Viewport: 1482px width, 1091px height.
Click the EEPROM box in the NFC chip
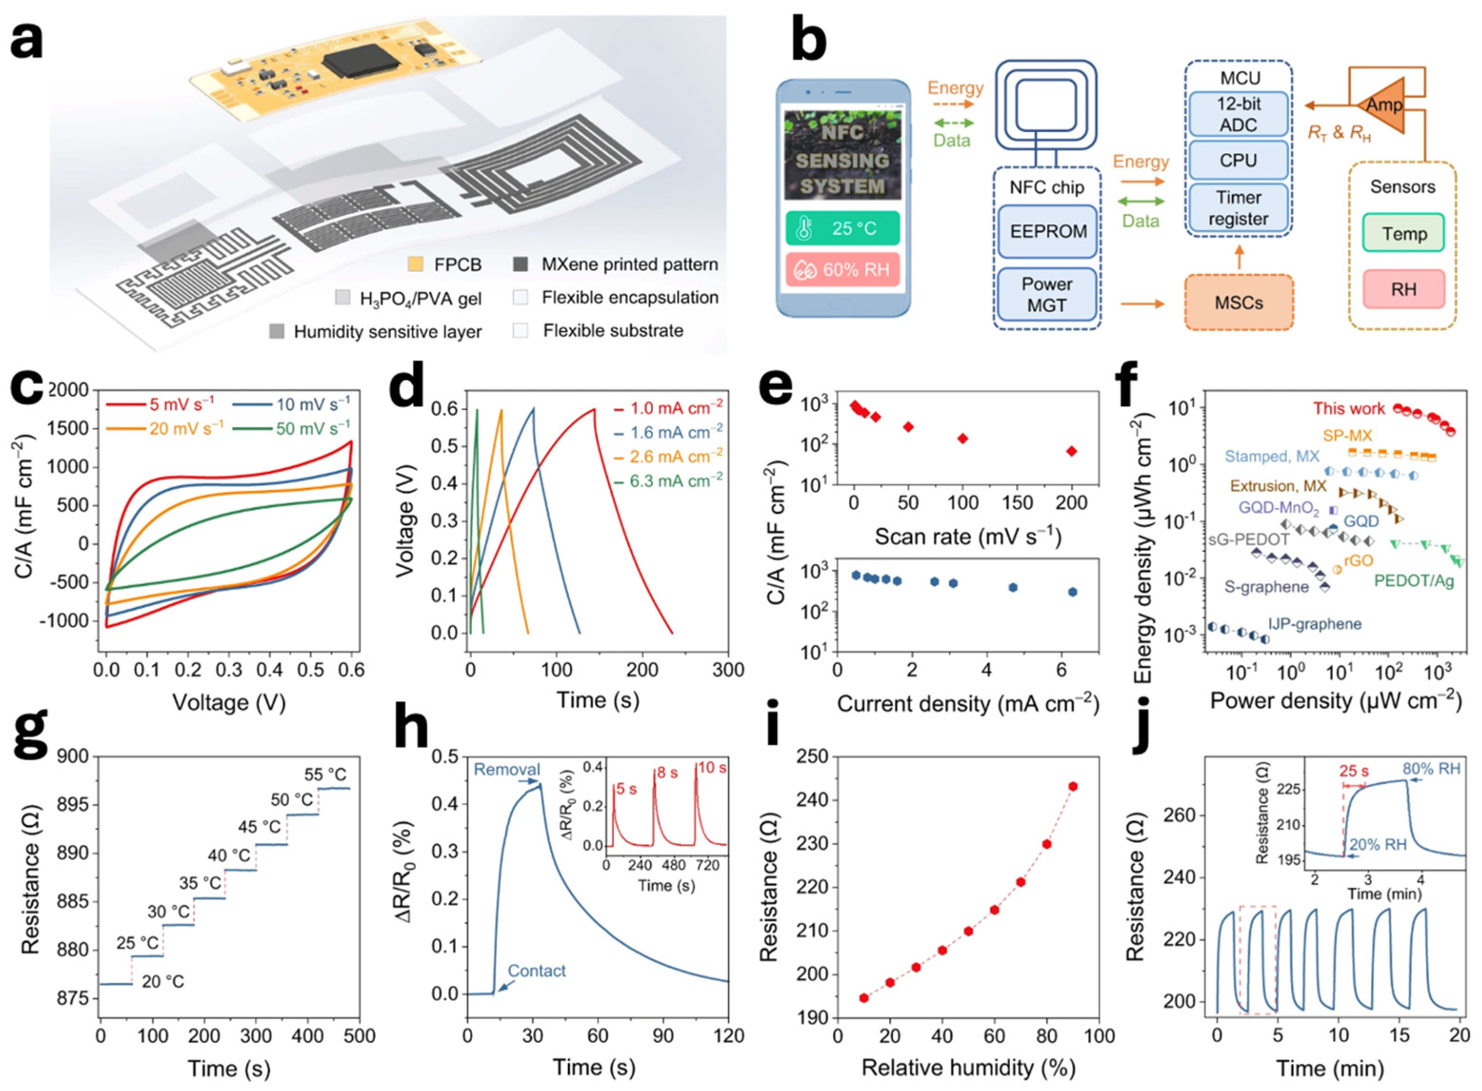(1047, 232)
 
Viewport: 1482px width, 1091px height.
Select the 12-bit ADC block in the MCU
(1238, 114)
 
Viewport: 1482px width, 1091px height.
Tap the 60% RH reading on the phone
(843, 270)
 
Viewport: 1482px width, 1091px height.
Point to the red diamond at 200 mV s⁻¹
(1072, 451)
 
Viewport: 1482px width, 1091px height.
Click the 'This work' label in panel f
(1348, 408)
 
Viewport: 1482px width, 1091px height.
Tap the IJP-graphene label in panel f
(1315, 624)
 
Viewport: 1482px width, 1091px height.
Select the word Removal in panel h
(507, 769)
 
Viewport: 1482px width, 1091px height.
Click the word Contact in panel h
(536, 971)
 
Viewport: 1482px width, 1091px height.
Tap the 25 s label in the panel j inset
(1354, 771)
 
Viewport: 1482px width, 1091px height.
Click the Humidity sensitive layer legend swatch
(277, 332)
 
